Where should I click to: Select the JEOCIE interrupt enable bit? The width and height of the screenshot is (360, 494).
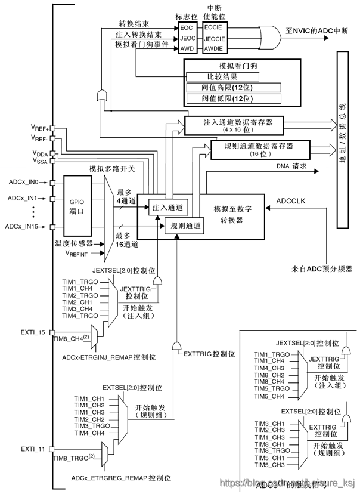pos(214,38)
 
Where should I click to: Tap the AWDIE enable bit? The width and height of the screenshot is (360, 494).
pos(214,47)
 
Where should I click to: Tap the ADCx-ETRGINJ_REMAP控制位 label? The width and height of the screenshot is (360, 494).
pos(108,357)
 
